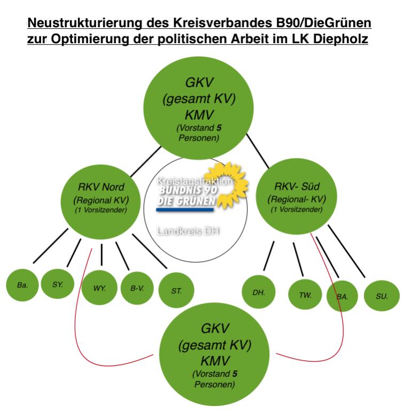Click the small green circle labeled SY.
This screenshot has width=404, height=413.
point(58,285)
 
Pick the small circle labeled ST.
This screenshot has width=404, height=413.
point(176,291)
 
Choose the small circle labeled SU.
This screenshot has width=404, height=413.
point(382,295)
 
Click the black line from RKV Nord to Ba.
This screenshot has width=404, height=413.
point(50,246)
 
